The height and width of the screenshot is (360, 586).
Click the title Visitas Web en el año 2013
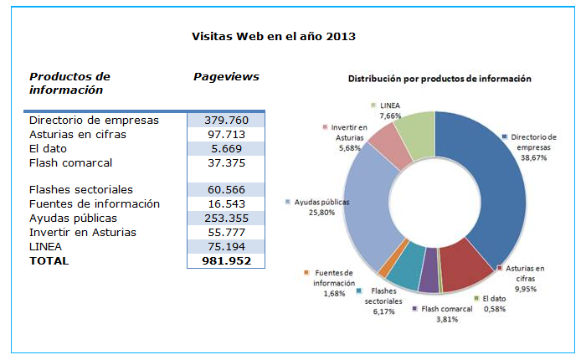[274, 37]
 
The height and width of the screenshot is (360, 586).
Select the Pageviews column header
[226, 77]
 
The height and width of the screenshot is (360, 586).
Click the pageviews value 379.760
[226, 120]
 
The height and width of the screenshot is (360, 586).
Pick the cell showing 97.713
[226, 134]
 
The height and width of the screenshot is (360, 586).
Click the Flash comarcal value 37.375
[226, 162]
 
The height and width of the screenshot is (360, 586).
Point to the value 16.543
[226, 204]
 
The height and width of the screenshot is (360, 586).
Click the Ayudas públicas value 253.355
[226, 219]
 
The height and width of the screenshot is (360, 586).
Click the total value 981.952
[226, 260]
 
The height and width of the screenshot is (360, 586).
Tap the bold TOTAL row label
[49, 260]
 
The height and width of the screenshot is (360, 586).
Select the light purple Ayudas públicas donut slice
[365, 205]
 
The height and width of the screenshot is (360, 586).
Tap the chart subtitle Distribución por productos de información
[439, 80]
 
